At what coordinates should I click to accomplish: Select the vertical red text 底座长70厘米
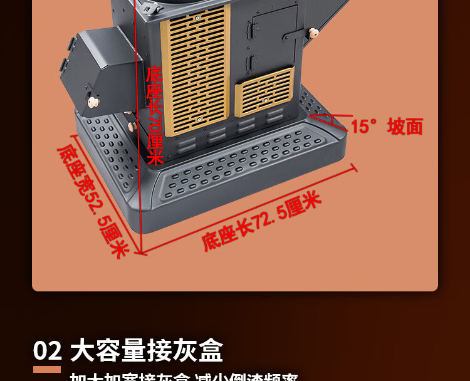pos(154,116)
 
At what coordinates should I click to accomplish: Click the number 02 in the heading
pos(48,350)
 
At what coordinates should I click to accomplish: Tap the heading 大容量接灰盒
pos(146,350)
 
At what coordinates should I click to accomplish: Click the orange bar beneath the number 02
pos(47,369)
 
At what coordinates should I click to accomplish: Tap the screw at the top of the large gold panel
pos(197,19)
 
